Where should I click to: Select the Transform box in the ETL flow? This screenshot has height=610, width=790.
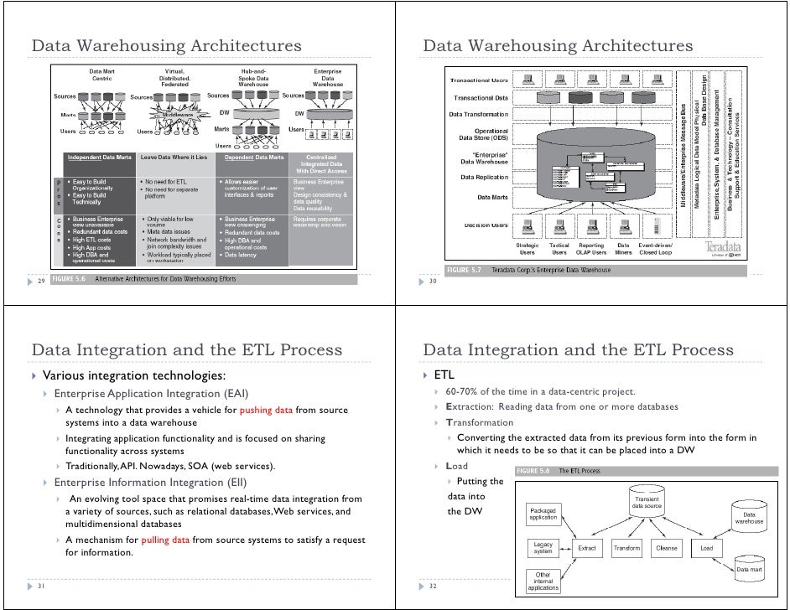(626, 549)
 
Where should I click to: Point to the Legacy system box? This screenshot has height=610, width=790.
(543, 548)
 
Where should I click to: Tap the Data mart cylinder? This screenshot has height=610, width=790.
(748, 569)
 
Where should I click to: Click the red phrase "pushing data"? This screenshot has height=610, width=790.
(266, 410)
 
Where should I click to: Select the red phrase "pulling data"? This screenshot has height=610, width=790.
(166, 540)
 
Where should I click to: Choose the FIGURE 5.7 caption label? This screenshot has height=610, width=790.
(464, 270)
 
